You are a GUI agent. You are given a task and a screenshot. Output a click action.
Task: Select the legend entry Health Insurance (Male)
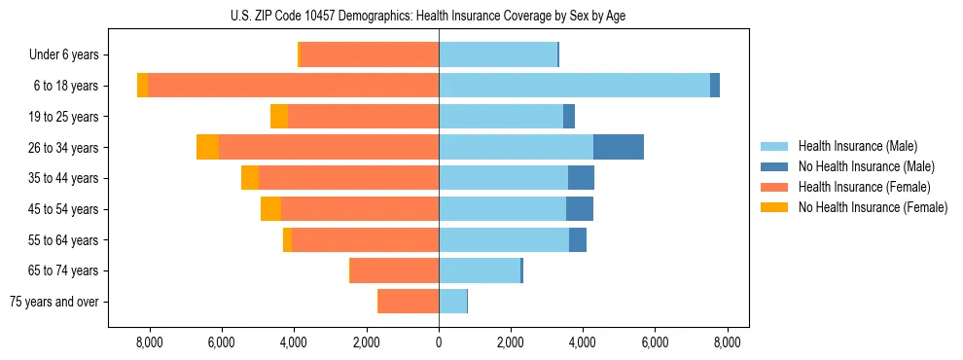click(857, 146)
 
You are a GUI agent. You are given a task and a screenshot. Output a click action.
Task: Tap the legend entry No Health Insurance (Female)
click(872, 207)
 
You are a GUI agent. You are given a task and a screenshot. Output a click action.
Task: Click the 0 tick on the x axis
click(439, 342)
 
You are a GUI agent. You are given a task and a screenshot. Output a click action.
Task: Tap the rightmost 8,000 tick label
click(727, 342)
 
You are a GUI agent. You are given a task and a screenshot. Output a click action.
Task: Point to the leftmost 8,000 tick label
click(150, 342)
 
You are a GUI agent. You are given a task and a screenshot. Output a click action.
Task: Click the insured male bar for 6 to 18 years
click(574, 86)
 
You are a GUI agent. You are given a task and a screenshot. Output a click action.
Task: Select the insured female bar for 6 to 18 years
click(293, 86)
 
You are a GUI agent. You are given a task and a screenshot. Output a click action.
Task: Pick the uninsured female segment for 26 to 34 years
click(207, 147)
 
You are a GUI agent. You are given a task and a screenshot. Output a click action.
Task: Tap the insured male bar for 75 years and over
click(452, 302)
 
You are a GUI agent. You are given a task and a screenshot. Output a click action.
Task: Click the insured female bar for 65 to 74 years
click(394, 270)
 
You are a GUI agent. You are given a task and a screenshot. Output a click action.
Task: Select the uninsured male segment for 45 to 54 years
click(580, 209)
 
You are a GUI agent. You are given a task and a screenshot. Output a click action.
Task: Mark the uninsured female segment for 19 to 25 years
click(279, 117)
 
